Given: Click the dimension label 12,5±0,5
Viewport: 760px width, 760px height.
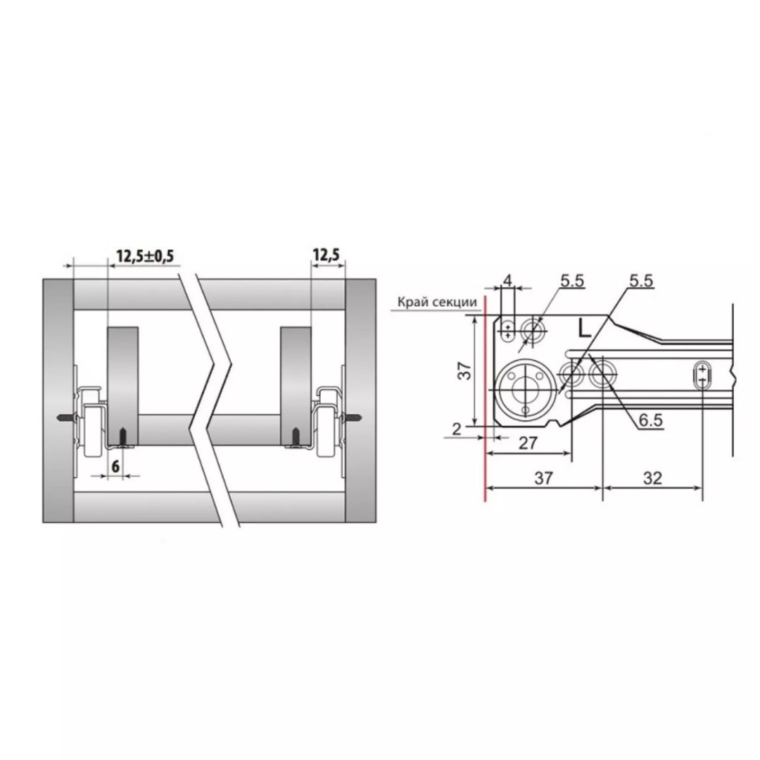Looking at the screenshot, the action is [x=145, y=255].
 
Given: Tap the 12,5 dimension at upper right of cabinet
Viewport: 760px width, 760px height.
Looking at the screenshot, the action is [x=327, y=255].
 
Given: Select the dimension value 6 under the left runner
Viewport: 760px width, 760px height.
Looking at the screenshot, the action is [x=115, y=467].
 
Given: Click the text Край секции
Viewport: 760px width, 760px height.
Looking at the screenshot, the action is [x=437, y=302].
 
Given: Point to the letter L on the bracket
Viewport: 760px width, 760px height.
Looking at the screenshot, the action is [x=585, y=329].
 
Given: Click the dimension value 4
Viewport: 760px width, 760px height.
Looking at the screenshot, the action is [x=507, y=280].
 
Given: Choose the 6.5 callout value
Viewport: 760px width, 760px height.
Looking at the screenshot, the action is [x=650, y=419].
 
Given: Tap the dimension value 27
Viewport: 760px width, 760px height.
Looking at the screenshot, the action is [x=528, y=443].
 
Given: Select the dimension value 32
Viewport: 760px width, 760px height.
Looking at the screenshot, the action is [x=652, y=479].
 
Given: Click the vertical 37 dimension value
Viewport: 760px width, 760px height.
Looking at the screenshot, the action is [x=464, y=371].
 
